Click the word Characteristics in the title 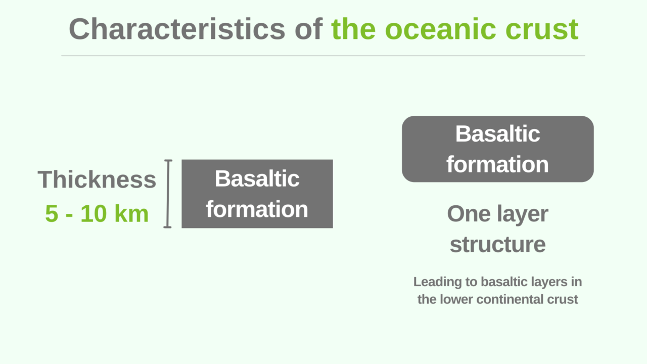click(x=177, y=29)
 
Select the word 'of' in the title click(x=309, y=29)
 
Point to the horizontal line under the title click(x=323, y=56)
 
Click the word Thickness click(x=97, y=179)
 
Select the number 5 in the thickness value click(x=52, y=214)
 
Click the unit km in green click(x=131, y=214)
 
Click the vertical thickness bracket click(x=168, y=194)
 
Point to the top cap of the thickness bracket click(x=168, y=161)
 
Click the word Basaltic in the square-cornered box click(x=257, y=178)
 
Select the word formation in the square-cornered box click(x=257, y=209)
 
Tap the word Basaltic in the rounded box click(x=497, y=134)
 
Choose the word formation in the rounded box click(x=497, y=164)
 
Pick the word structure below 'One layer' click(x=497, y=244)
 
